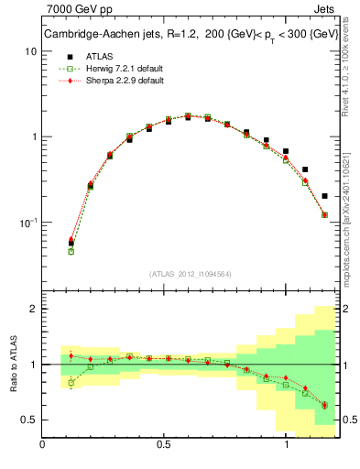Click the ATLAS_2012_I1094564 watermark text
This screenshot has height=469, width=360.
tap(190, 273)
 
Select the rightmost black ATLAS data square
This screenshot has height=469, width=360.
tap(325, 196)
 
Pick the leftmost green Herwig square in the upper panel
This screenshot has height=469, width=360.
tap(71, 251)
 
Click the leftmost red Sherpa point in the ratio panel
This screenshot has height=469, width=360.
tap(71, 355)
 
